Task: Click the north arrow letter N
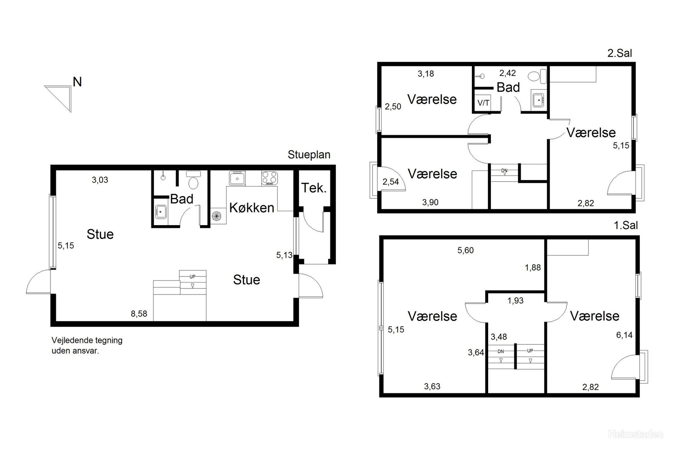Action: [x=77, y=82]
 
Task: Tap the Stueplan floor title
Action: [x=309, y=155]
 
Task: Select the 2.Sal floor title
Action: [x=620, y=53]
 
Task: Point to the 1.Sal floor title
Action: [x=626, y=225]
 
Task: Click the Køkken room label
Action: [x=252, y=207]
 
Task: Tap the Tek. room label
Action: [x=314, y=188]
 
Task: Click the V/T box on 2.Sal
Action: [x=483, y=103]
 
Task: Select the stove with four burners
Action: [x=270, y=178]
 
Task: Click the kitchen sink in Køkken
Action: [x=237, y=178]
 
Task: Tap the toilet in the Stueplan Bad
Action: [x=194, y=180]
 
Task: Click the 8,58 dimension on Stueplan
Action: [x=139, y=314]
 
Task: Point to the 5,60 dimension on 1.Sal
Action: [x=465, y=250]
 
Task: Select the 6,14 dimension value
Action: [x=624, y=335]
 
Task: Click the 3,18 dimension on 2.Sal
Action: [x=426, y=74]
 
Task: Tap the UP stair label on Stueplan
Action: [x=193, y=277]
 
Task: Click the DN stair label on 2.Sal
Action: [x=504, y=170]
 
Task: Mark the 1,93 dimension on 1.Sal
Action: [x=516, y=301]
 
